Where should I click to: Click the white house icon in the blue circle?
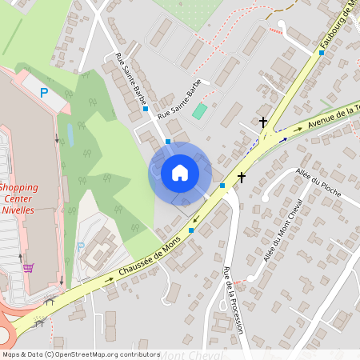(x=179, y=173)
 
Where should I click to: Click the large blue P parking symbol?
(x=44, y=93)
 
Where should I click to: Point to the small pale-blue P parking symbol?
(x=80, y=246)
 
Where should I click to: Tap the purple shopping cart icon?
(x=29, y=268)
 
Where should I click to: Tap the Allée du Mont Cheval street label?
(x=286, y=232)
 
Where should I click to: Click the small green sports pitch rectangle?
(x=199, y=111)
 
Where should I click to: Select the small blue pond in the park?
(x=70, y=135)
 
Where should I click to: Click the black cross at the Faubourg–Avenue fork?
(x=263, y=122)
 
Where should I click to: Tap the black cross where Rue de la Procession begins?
(x=242, y=178)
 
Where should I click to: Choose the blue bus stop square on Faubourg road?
(x=322, y=53)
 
